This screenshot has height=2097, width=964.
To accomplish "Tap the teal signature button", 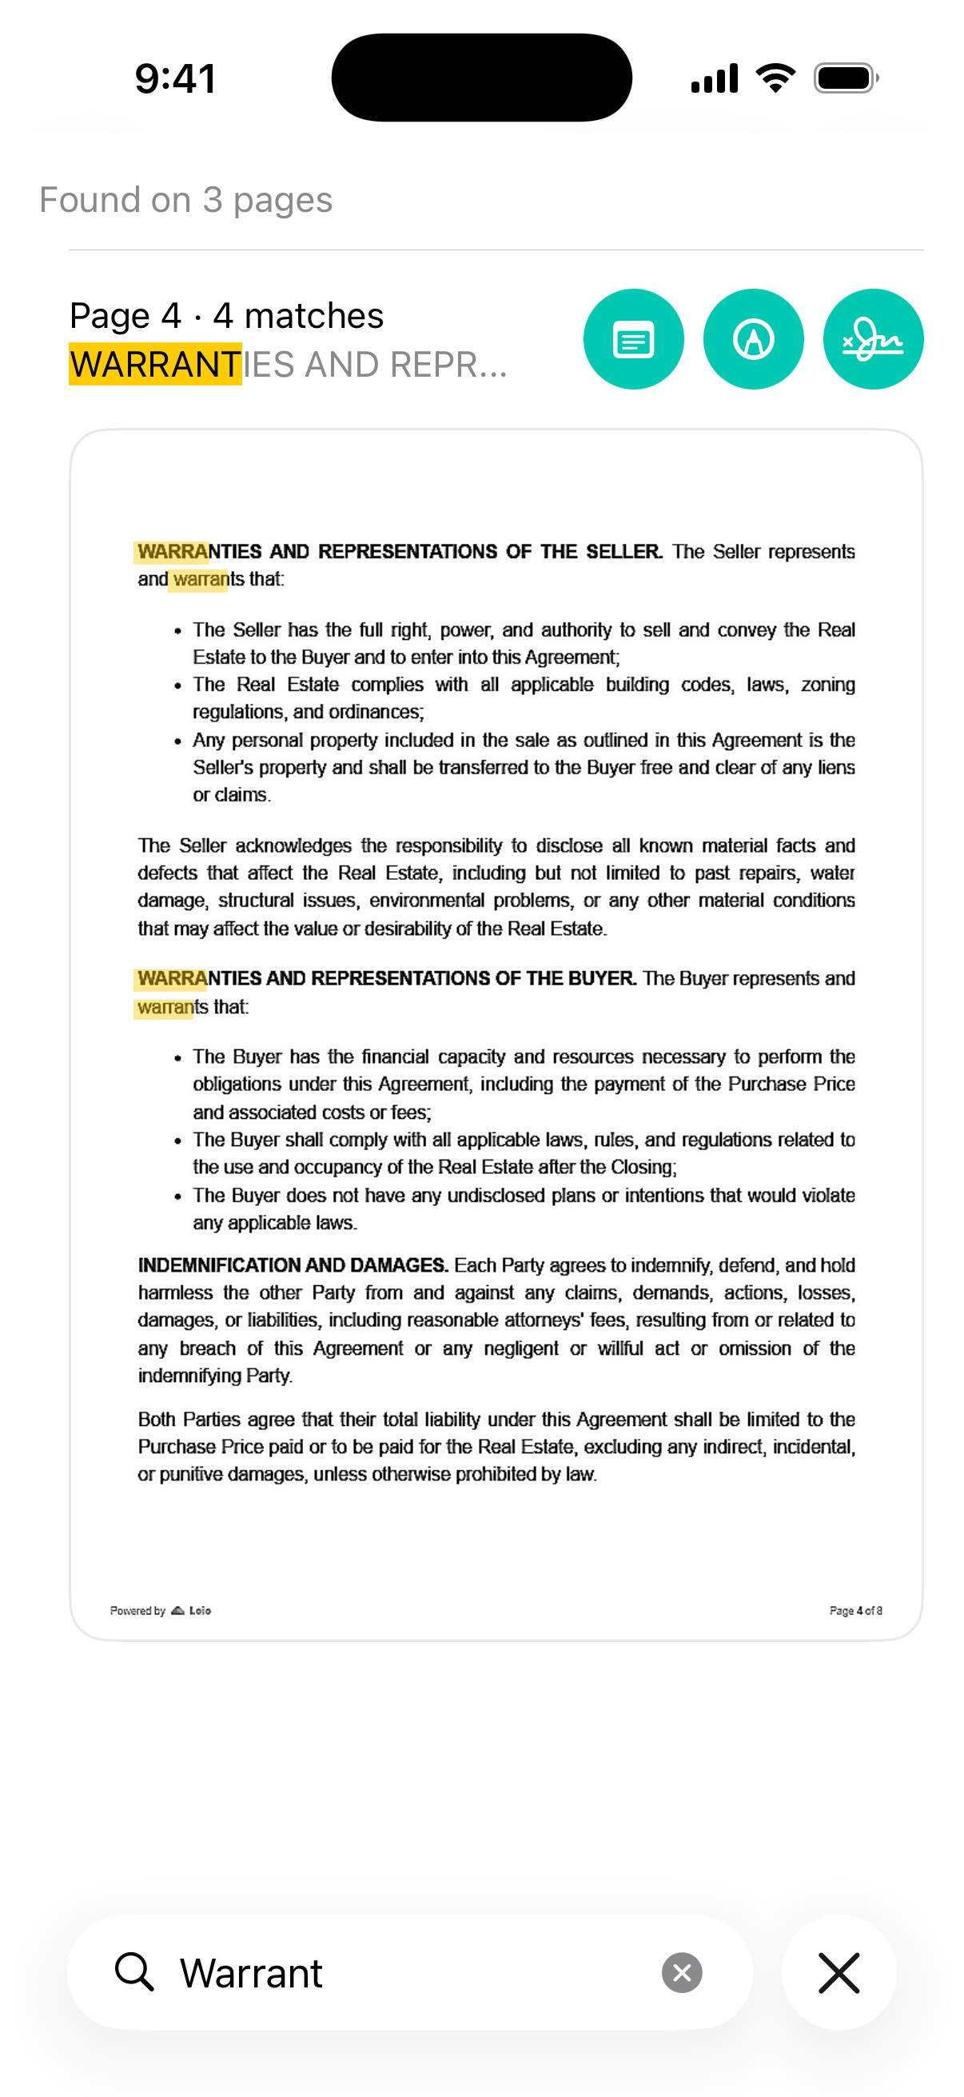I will pyautogui.click(x=872, y=338).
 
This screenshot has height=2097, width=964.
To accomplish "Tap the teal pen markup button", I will pyautogui.click(x=752, y=338).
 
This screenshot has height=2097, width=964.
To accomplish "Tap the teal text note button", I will pyautogui.click(x=633, y=338).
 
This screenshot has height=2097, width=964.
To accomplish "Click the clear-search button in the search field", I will pyautogui.click(x=682, y=1972).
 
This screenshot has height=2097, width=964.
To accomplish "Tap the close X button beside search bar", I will pyautogui.click(x=839, y=1972).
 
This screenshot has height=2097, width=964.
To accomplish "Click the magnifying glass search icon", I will pyautogui.click(x=134, y=1971).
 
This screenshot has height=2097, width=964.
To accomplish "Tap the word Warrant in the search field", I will pyautogui.click(x=251, y=1973).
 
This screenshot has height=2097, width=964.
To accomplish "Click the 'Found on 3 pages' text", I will pyautogui.click(x=185, y=199).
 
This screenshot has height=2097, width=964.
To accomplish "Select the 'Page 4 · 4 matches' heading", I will pyautogui.click(x=226, y=316).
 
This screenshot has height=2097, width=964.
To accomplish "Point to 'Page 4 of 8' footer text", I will pyautogui.click(x=855, y=1610).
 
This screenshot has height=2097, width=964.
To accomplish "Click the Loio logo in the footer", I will pyautogui.click(x=192, y=1610).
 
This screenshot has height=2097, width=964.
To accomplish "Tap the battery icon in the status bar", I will pyautogui.click(x=845, y=78).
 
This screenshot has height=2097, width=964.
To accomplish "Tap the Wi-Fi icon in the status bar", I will pyautogui.click(x=775, y=78).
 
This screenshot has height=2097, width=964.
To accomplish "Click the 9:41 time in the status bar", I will pyautogui.click(x=175, y=79).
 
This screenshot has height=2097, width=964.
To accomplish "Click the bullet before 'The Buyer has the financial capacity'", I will pyautogui.click(x=177, y=1057).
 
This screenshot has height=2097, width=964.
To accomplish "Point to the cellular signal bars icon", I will pyautogui.click(x=714, y=78).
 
